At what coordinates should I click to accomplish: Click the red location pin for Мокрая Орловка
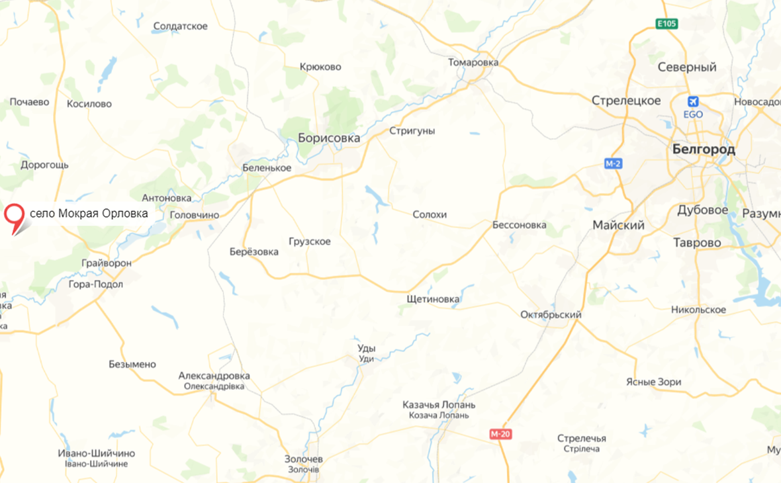(14, 216)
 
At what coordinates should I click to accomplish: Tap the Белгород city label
(703, 150)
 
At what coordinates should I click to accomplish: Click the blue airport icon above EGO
(693, 102)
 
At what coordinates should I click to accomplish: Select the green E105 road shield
(666, 24)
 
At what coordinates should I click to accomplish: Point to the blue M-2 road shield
(613, 163)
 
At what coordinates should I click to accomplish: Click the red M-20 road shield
(501, 434)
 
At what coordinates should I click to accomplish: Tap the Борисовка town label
(329, 138)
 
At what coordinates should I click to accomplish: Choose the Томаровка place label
(473, 62)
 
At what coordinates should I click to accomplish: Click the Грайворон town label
(107, 263)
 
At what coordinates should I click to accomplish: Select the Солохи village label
(430, 214)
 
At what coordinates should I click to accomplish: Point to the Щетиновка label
(433, 299)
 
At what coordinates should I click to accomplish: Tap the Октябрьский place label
(551, 314)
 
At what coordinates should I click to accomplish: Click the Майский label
(618, 226)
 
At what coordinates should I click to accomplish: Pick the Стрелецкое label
(626, 101)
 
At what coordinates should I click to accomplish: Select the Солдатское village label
(180, 26)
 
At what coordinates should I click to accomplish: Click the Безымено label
(132, 364)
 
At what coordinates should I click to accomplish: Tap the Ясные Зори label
(653, 382)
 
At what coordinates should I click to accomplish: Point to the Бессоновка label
(520, 225)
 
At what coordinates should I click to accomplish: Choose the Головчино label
(195, 215)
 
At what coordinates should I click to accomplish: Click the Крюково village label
(320, 67)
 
